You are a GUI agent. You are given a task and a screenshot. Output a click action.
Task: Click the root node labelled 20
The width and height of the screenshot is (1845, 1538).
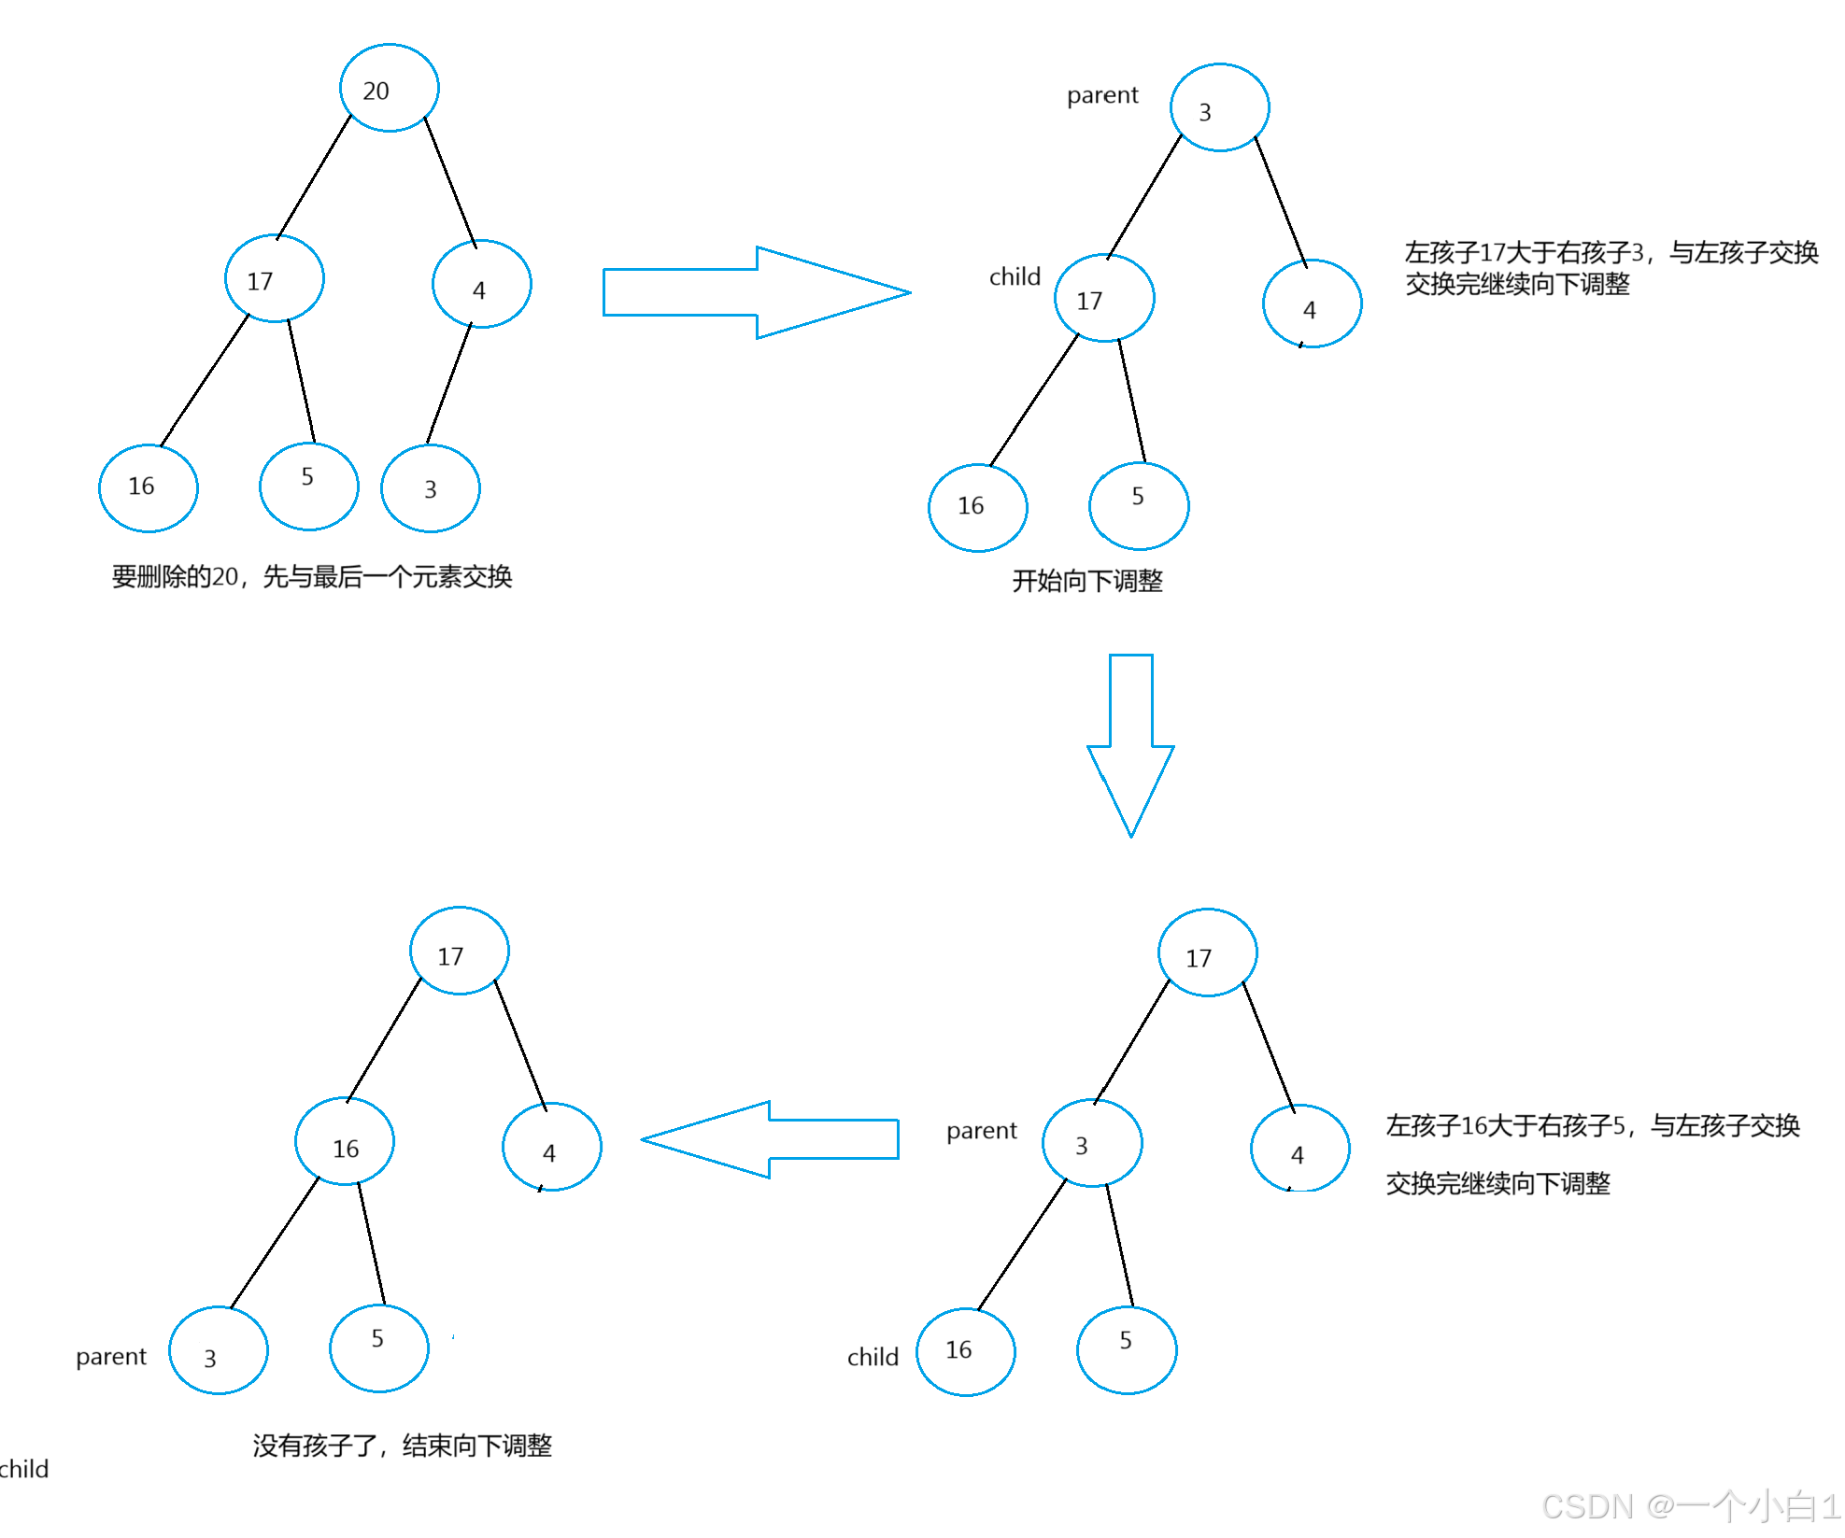coord(389,89)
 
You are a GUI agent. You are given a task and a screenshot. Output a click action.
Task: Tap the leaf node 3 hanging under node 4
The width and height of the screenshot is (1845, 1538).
coord(431,488)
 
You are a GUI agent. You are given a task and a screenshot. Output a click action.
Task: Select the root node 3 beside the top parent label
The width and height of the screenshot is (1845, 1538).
coord(1219,108)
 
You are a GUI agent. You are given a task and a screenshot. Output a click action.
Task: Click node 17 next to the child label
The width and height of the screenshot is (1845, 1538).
coord(1104,299)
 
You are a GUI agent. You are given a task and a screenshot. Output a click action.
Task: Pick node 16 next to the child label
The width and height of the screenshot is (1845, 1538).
coord(966,1351)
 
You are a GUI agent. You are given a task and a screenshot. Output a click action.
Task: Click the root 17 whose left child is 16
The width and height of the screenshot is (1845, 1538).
coord(459,952)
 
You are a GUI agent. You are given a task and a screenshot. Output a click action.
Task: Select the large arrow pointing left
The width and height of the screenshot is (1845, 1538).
coord(770,1139)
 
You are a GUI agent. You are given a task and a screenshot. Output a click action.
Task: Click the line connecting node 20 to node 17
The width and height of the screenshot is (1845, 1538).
coord(314,176)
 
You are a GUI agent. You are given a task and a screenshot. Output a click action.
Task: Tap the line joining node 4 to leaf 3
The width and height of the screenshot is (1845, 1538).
coord(449,384)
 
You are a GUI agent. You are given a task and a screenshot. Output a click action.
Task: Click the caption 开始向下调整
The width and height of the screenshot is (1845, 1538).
coord(1087,582)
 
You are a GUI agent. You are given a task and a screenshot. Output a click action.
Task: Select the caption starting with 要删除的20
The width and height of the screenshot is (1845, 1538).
coord(312,577)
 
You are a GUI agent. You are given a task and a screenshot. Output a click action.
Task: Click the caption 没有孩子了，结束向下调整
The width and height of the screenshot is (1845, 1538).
coord(402,1446)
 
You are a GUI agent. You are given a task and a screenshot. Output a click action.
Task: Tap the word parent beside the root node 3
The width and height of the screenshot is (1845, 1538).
coord(1102,95)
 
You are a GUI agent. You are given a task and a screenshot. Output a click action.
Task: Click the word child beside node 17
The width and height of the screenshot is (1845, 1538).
coord(1015,277)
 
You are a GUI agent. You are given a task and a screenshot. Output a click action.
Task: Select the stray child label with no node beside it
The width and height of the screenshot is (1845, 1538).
coord(24,1470)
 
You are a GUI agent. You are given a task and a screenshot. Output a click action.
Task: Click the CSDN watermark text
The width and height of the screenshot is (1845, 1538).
coord(1690,1506)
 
